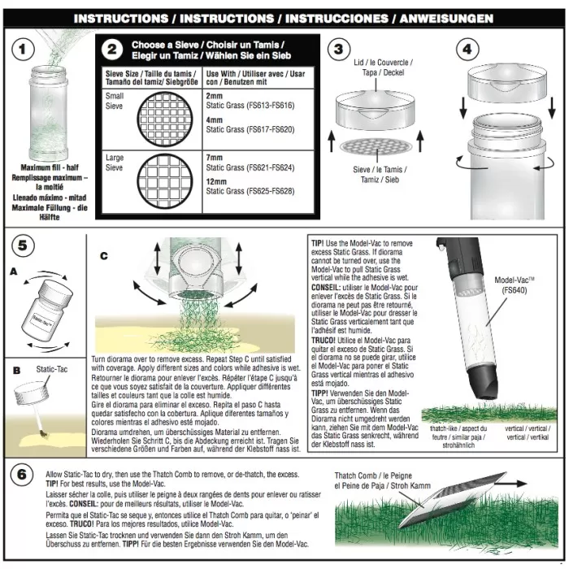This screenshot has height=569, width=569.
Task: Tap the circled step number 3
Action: click(x=339, y=49)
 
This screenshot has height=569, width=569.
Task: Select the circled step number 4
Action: click(x=467, y=49)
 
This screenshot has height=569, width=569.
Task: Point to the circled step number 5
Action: click(x=24, y=245)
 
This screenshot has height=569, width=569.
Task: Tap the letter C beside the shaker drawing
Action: click(x=103, y=255)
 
